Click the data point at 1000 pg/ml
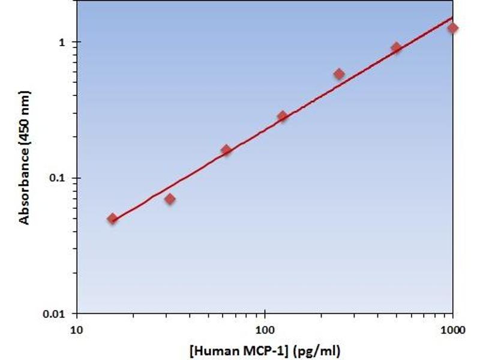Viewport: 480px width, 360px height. click(452, 28)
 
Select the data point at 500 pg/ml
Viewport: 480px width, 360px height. click(396, 47)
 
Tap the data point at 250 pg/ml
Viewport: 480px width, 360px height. click(339, 74)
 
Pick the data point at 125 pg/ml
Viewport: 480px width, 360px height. click(282, 116)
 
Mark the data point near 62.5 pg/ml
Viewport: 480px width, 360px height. click(226, 149)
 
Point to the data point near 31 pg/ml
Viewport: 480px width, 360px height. click(170, 199)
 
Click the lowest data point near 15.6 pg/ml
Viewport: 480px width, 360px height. click(112, 218)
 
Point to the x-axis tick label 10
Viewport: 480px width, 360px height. click(76, 330)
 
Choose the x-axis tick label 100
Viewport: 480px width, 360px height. click(265, 330)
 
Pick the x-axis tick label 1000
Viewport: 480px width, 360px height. click(452, 330)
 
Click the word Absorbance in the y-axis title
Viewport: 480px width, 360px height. click(25, 187)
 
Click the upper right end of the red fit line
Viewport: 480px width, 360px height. click(452, 17)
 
